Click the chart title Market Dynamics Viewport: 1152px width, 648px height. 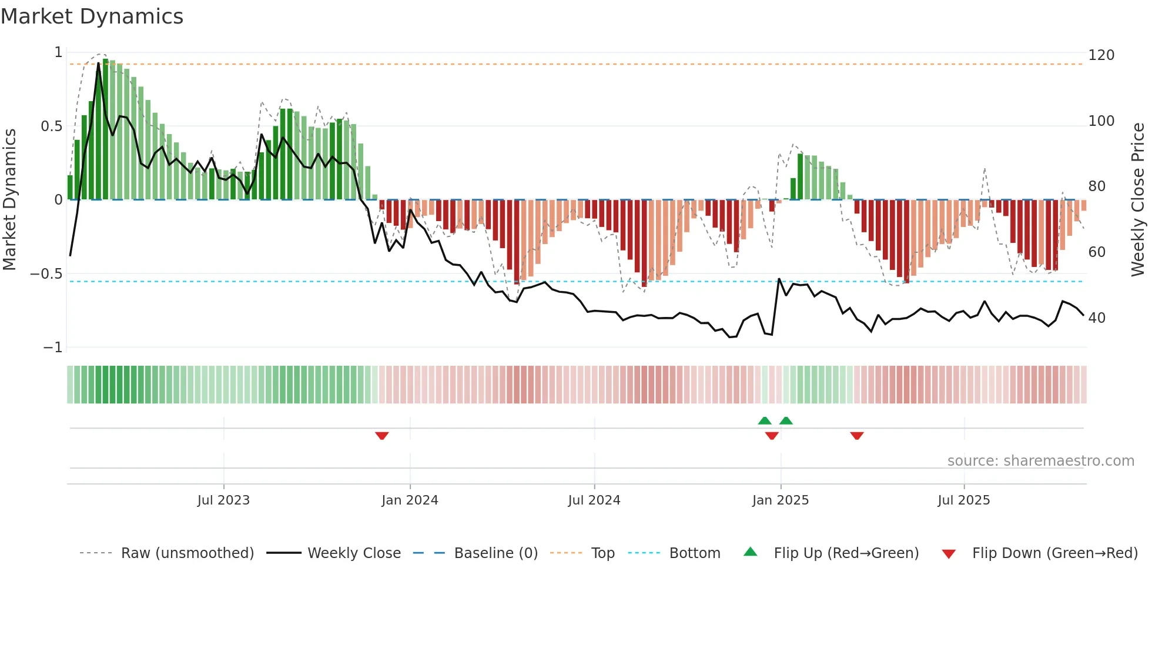pyautogui.click(x=92, y=16)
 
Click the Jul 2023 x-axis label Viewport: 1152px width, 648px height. pyautogui.click(x=223, y=500)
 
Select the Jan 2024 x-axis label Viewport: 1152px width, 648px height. pyautogui.click(x=410, y=500)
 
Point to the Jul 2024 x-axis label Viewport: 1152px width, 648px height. pyautogui.click(x=594, y=500)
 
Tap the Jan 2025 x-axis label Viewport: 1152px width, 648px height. pyautogui.click(x=780, y=500)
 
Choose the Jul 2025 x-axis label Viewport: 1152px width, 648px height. pyautogui.click(x=963, y=500)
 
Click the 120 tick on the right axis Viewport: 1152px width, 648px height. pyautogui.click(x=1101, y=55)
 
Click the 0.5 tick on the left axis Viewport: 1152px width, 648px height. pyautogui.click(x=51, y=126)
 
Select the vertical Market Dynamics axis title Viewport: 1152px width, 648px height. pyautogui.click(x=9, y=200)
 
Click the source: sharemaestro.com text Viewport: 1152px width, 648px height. pyautogui.click(x=1040, y=461)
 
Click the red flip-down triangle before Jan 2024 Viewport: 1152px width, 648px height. pyautogui.click(x=381, y=436)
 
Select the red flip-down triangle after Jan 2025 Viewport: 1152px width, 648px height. pyautogui.click(x=856, y=436)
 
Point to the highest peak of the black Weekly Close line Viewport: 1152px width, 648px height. pyautogui.click(x=98, y=63)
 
